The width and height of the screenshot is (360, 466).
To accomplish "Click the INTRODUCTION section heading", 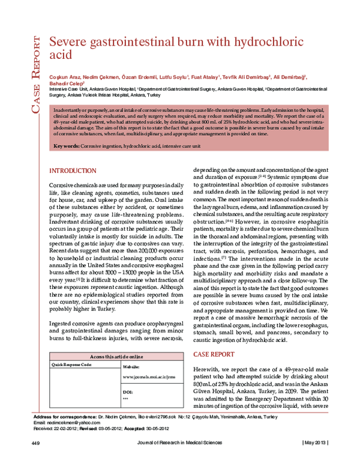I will click(72, 171).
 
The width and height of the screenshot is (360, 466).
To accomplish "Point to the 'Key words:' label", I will click(67, 147).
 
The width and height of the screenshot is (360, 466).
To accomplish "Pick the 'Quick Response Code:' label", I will click(72, 365).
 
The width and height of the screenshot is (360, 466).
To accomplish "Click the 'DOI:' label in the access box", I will click(127, 391).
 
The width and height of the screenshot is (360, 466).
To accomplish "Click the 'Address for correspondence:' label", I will click(64, 417).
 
